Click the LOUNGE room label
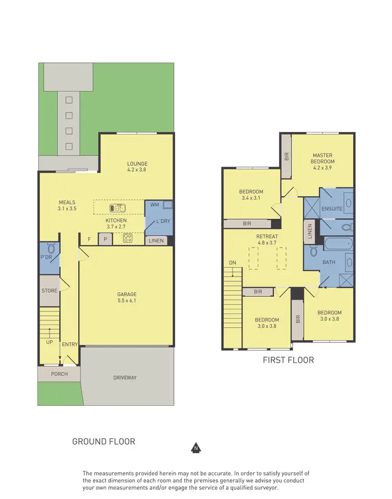137,163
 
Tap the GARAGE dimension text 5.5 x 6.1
126,301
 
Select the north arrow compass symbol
195,448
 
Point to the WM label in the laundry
155,204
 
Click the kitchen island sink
118,208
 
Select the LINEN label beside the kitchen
156,241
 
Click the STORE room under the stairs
49,291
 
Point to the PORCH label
59,374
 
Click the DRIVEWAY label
129,377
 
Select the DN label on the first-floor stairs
233,263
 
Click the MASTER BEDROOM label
323,159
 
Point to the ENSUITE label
332,208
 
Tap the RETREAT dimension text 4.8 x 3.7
267,242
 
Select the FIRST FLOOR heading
288,360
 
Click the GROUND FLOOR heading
103,441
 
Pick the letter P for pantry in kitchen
105,240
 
